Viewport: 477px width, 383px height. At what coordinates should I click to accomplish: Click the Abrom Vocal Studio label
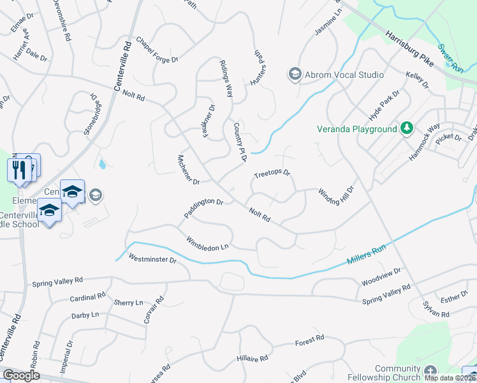click(x=344, y=75)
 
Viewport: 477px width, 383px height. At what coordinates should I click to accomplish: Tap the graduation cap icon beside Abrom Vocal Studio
click(x=295, y=75)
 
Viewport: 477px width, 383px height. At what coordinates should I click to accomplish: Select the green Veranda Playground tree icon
click(x=406, y=129)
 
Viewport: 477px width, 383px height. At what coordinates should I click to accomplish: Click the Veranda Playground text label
click(x=357, y=129)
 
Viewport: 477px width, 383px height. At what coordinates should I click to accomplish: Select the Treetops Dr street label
click(x=272, y=174)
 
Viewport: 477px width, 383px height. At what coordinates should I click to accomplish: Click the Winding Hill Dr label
click(x=335, y=193)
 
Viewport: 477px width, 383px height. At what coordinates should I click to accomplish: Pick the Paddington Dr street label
click(x=203, y=209)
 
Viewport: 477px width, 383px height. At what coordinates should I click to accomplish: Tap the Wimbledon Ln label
click(x=207, y=243)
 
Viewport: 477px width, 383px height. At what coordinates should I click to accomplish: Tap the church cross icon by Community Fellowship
click(x=430, y=371)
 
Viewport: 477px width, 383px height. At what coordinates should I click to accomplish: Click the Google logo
click(x=21, y=375)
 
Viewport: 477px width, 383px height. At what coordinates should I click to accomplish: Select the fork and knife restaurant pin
click(x=18, y=170)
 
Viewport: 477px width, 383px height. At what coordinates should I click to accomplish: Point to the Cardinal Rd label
click(x=87, y=297)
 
